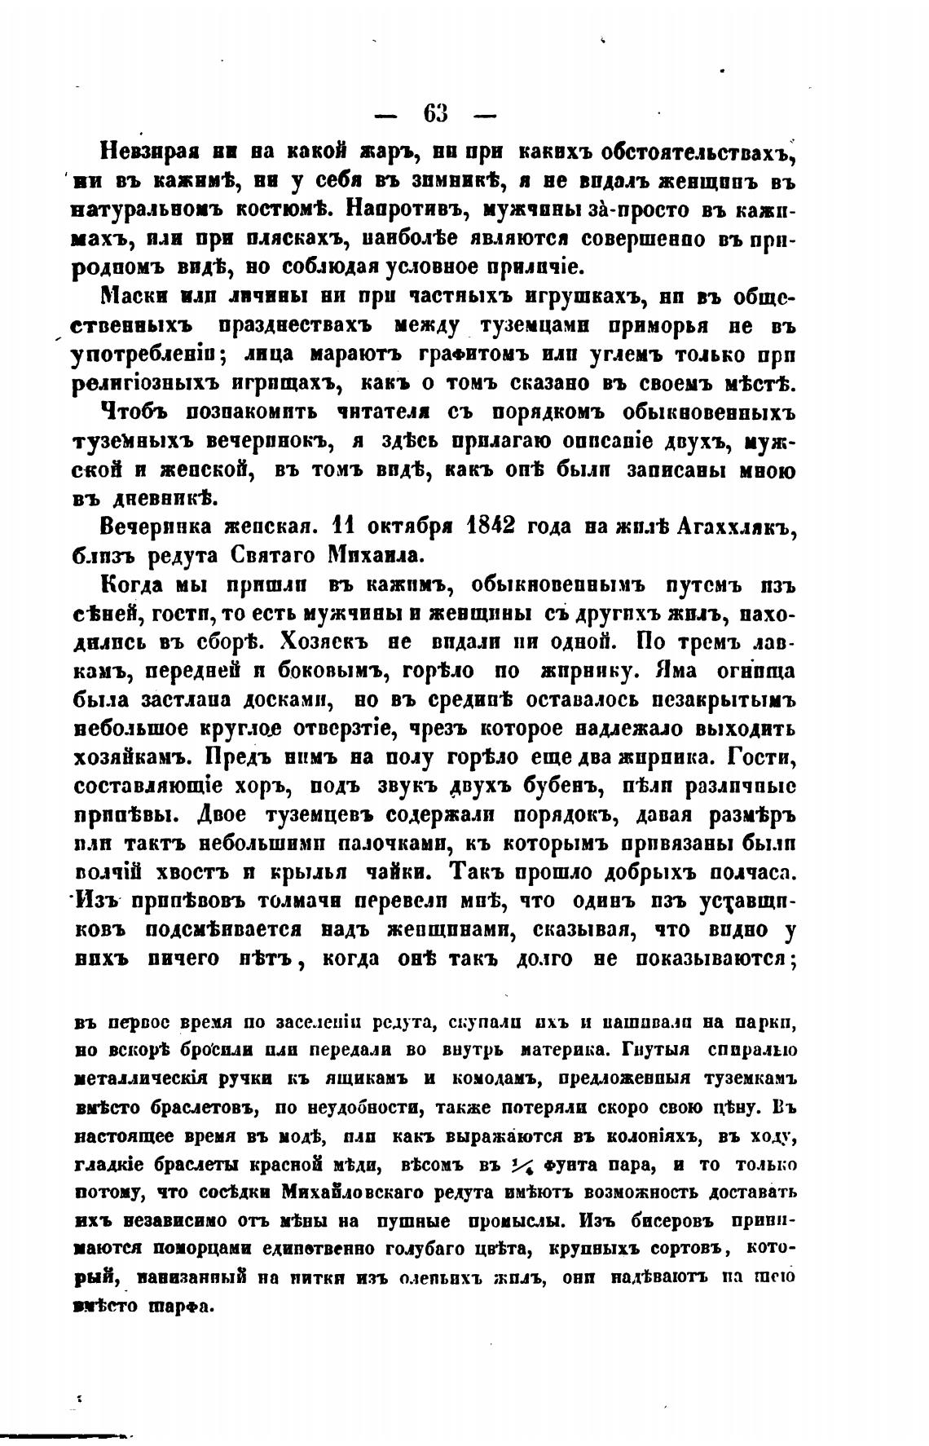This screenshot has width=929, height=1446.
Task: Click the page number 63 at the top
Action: (435, 112)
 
